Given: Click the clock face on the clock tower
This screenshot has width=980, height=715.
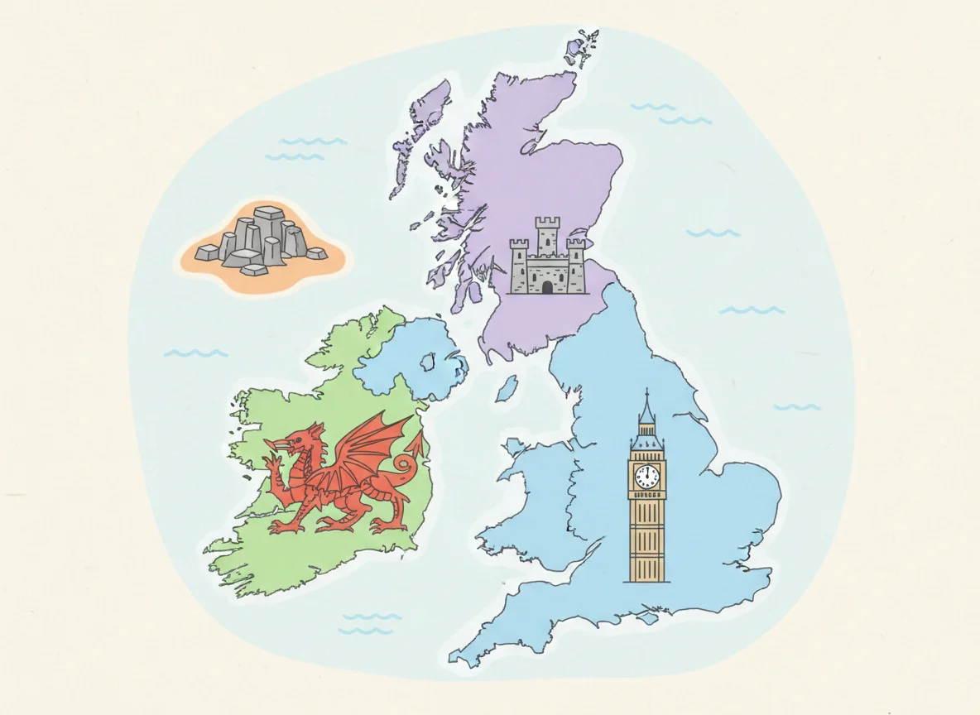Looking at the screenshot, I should (x=647, y=477).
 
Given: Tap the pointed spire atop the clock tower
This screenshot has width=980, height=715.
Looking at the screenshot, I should (x=646, y=401).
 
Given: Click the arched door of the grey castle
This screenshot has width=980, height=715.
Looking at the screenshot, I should (x=547, y=286).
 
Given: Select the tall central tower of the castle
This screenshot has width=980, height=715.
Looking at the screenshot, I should (x=547, y=235).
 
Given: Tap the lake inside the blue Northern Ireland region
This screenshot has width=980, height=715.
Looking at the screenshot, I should (x=428, y=362).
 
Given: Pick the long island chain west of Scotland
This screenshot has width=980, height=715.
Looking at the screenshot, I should (x=422, y=124).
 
